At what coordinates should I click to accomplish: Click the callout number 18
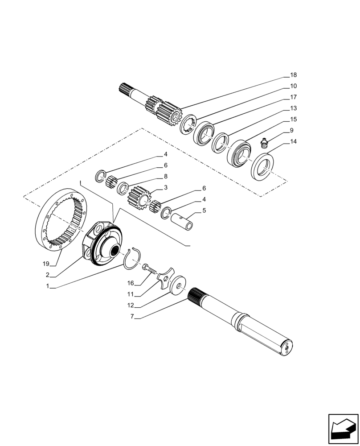click(x=293, y=75)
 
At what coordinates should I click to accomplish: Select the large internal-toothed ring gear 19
click(x=63, y=222)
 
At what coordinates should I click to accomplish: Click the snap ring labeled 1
click(x=132, y=259)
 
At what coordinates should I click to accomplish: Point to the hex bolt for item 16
click(x=150, y=270)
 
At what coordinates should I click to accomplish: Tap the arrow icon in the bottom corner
click(x=343, y=429)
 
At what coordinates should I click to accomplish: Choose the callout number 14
click(x=293, y=141)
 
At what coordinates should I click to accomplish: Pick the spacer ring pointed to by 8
click(x=123, y=189)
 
